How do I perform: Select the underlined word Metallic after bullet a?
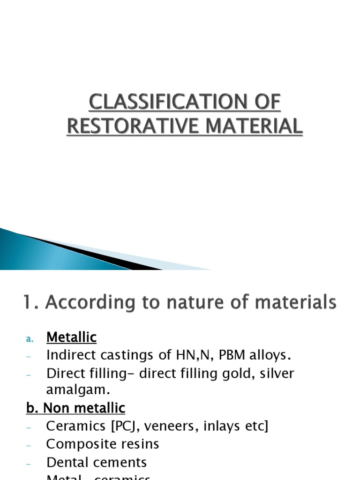tap(71, 337)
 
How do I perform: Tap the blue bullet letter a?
tap(29, 338)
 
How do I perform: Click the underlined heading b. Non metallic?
tap(75, 408)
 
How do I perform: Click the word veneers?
tap(178, 427)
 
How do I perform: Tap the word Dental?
tap(68, 462)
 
